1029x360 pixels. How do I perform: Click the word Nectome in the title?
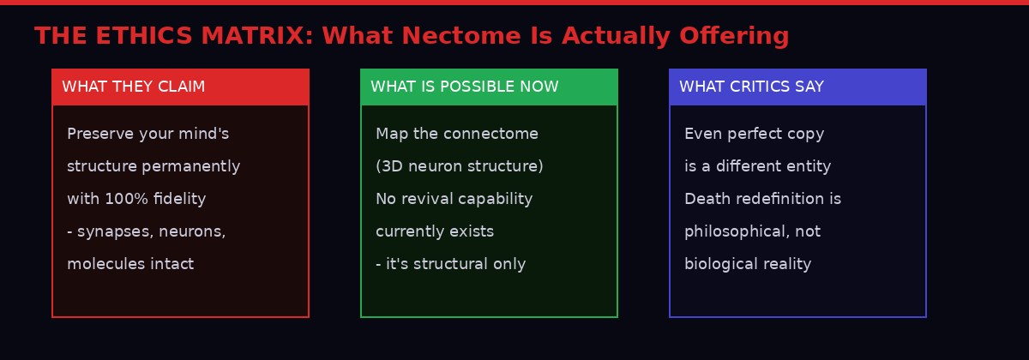click(x=461, y=35)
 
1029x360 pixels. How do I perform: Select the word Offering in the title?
click(x=734, y=37)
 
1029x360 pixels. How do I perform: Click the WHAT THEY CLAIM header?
click(x=133, y=87)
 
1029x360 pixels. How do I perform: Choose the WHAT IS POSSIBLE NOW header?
click(x=465, y=87)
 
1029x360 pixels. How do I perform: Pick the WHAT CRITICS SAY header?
click(x=751, y=87)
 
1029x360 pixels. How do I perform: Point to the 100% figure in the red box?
click(x=126, y=199)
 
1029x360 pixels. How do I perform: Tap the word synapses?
click(x=114, y=232)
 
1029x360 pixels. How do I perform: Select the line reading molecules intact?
click(x=130, y=264)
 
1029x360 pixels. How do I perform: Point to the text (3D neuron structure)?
click(x=460, y=166)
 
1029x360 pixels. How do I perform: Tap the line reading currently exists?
click(x=435, y=232)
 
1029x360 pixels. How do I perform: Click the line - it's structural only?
click(x=451, y=265)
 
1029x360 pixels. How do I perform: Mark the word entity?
click(x=810, y=166)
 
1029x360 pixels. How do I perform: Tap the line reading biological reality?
click(x=748, y=265)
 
